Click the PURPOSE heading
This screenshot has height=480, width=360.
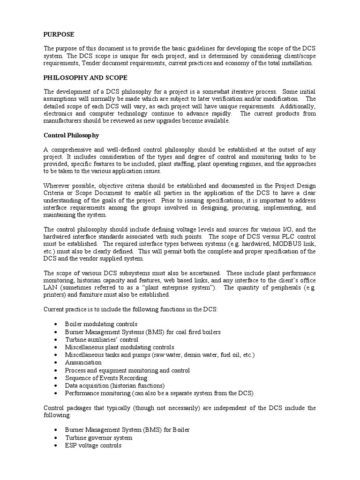tap(59, 34)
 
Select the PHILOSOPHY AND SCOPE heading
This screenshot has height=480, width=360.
tap(85, 77)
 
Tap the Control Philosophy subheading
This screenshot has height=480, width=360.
tap(71, 135)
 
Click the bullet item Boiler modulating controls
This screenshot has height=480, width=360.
tap(101, 324)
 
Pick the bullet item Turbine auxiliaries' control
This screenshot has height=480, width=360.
tap(102, 339)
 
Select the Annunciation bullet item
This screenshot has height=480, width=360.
tap(83, 362)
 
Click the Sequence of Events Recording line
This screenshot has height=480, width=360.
tap(106, 378)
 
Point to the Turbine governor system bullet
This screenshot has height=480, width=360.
tap(98, 437)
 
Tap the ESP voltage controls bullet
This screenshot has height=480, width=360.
tap(93, 445)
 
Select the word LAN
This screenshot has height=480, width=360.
tap(50, 288)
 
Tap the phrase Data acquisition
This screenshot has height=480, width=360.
tap(87, 385)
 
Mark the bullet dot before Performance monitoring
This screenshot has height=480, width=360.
tap(56, 393)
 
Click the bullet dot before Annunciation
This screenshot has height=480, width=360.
tap(56, 363)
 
